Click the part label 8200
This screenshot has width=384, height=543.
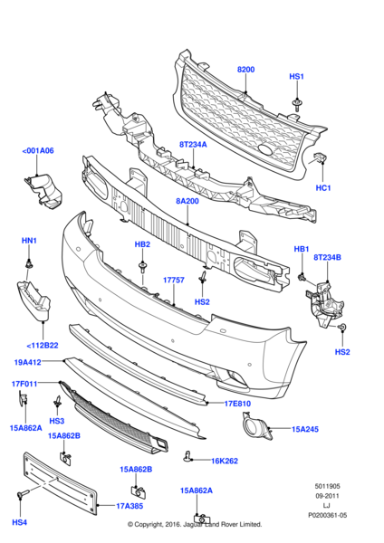tap(245, 69)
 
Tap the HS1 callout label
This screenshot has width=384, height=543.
tap(297, 78)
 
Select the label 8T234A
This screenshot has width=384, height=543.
tap(193, 144)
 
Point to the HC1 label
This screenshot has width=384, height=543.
tap(322, 187)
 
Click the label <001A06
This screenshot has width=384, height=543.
tap(38, 151)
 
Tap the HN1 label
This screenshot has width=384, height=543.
tap(29, 241)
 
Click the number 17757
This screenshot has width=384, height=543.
tap(174, 280)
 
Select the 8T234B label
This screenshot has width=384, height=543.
tap(327, 258)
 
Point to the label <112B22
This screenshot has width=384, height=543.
tap(43, 345)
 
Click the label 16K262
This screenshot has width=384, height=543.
tap(224, 460)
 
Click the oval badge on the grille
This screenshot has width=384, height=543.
tap(265, 150)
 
